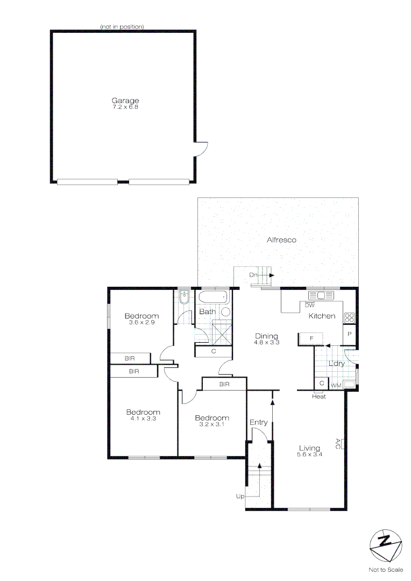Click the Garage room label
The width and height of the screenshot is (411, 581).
point(125,100)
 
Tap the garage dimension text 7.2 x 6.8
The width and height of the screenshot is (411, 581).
point(125,107)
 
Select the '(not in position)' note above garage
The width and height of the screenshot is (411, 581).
point(122,27)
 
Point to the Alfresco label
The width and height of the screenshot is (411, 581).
point(281,240)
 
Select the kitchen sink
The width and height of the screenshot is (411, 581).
point(321,295)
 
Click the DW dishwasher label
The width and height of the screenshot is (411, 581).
point(309,305)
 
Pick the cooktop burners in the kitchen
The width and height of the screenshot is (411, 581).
point(349,317)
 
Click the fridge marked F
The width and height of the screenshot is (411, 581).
point(311,338)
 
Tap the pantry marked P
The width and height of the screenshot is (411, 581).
point(350,334)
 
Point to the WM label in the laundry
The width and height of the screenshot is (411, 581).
point(336,385)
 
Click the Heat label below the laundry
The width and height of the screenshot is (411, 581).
point(319,396)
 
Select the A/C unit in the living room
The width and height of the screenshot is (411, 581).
point(341,444)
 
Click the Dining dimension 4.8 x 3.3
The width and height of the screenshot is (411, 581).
point(266,342)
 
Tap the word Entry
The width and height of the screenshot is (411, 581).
point(258,422)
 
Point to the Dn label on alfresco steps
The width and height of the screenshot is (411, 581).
point(253,275)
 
